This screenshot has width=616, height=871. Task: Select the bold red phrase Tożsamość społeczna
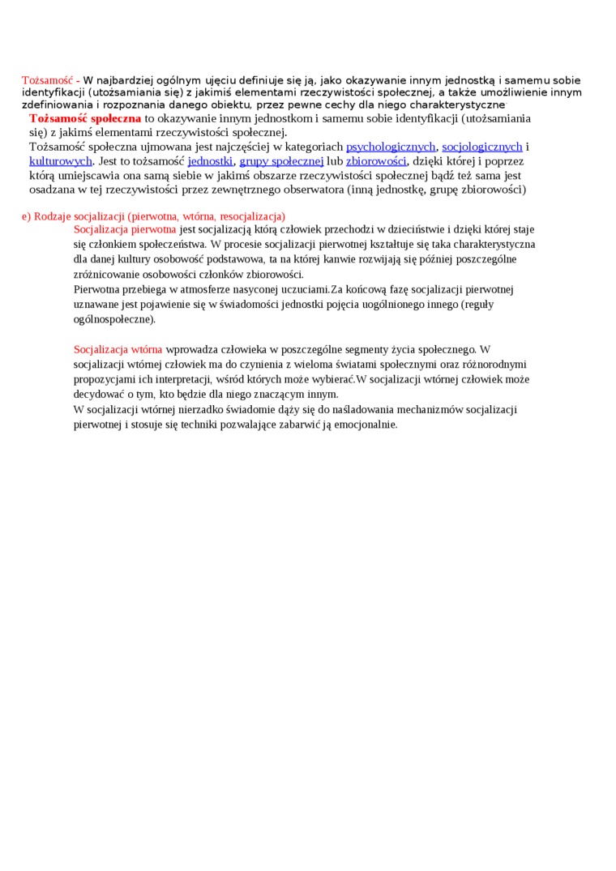85,119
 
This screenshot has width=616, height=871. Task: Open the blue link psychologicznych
391,147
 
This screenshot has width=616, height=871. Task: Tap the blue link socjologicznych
482,147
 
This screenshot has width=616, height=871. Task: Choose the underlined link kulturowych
61,161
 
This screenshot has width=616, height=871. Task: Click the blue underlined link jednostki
210,161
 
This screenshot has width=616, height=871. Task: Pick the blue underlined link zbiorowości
376,161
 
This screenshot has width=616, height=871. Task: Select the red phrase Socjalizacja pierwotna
125,229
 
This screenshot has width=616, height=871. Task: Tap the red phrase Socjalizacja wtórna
118,349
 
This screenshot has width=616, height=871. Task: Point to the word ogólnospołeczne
113,319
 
